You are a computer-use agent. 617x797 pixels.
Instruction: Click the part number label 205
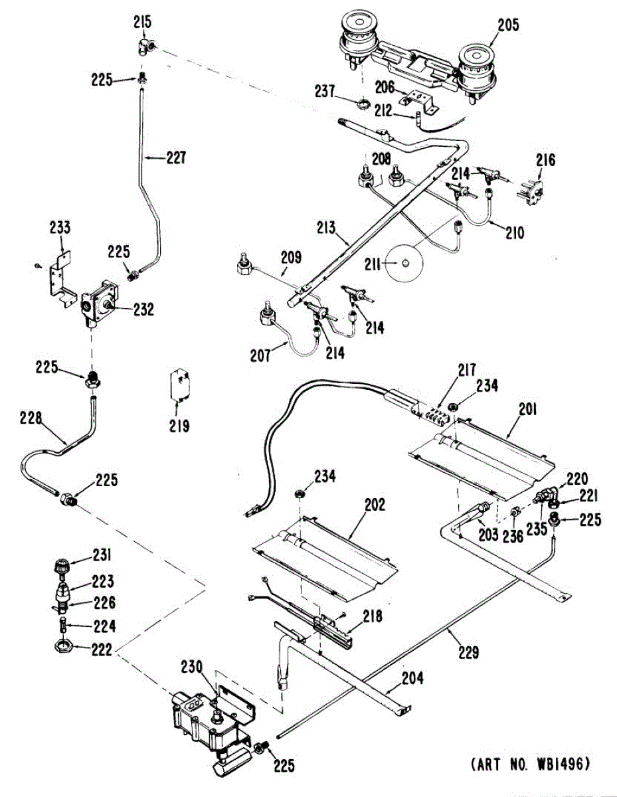click(508, 25)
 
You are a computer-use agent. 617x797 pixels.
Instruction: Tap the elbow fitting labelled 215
click(147, 47)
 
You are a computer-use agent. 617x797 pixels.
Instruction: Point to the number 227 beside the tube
click(176, 158)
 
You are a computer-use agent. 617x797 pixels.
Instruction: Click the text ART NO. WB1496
click(531, 763)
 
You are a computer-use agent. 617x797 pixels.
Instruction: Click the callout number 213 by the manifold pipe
click(326, 228)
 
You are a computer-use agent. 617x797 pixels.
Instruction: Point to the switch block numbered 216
click(531, 191)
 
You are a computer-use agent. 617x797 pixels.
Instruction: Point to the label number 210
click(514, 232)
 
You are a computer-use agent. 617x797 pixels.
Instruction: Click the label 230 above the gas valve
click(192, 666)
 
